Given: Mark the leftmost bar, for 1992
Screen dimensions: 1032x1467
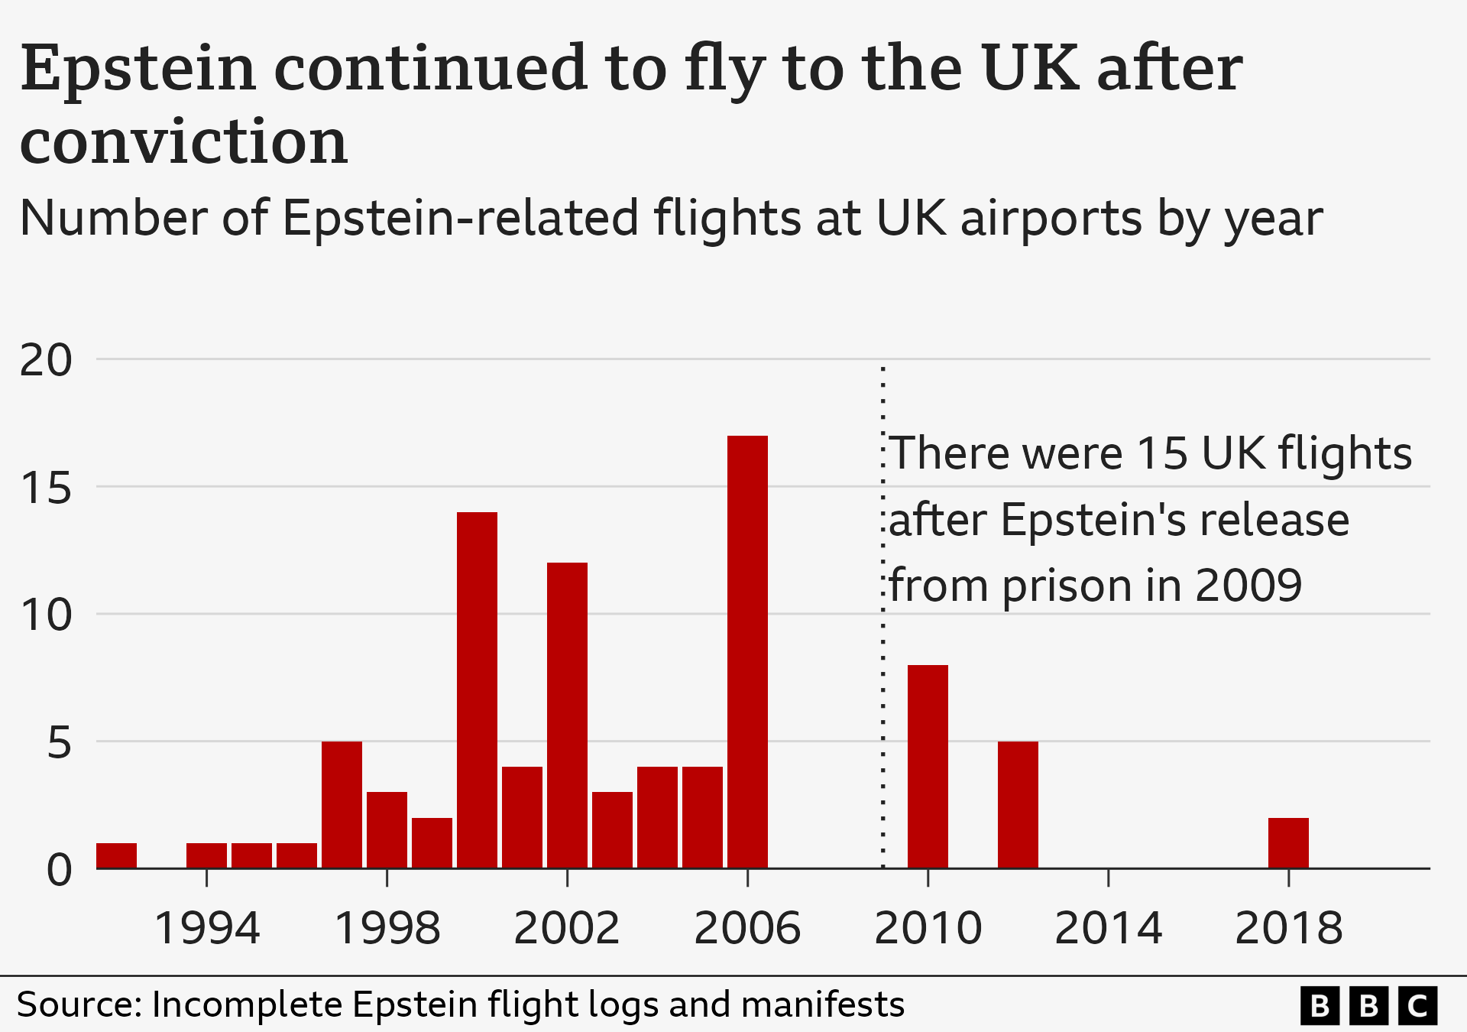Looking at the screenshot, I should click(x=116, y=855).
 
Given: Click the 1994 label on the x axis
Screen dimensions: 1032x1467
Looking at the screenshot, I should click(x=207, y=928).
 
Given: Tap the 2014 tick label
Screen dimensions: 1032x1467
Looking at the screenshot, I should click(x=1108, y=928).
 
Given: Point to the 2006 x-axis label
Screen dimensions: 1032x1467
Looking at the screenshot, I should click(x=747, y=928).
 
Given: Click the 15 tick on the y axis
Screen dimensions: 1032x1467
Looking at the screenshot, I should click(x=46, y=487).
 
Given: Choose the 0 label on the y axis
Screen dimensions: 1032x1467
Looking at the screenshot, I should click(x=59, y=869).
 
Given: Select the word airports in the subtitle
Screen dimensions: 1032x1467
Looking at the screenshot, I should click(x=1051, y=219).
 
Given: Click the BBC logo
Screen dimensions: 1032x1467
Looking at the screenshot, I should click(x=1368, y=1005).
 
